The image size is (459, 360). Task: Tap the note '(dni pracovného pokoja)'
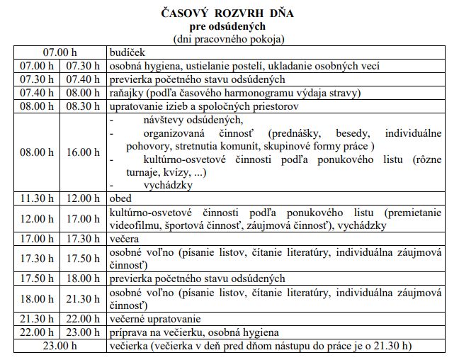tap(228, 38)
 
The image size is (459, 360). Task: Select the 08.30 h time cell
tap(83, 106)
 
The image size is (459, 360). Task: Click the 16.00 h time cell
tap(83, 152)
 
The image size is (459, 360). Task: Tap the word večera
tap(125, 240)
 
